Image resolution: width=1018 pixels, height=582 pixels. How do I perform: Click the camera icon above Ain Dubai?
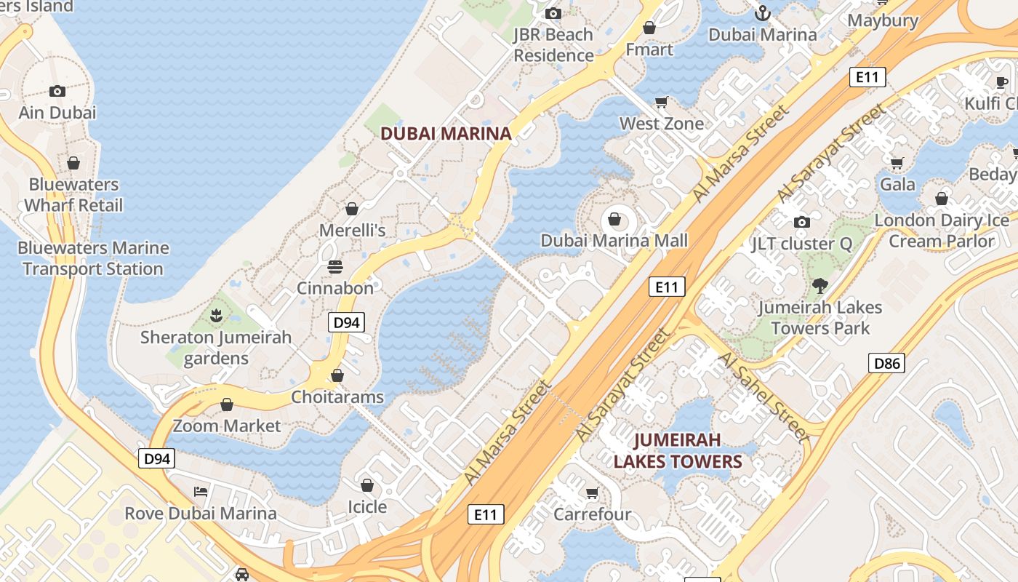click(x=57, y=91)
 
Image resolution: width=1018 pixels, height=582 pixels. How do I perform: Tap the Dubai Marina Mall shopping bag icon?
click(x=614, y=219)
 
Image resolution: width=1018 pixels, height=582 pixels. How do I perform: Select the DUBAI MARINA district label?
click(x=446, y=134)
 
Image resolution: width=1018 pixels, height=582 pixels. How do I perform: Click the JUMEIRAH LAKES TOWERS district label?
click(x=678, y=450)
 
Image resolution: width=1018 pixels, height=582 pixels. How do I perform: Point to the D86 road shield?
click(x=886, y=362)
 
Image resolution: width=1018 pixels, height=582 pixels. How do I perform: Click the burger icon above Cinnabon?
click(x=335, y=266)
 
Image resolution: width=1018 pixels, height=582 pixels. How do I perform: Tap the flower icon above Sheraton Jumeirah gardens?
click(x=216, y=316)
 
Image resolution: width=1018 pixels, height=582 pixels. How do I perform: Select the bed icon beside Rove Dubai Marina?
click(x=201, y=492)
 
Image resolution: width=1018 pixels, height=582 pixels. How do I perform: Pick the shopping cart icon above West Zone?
click(x=662, y=102)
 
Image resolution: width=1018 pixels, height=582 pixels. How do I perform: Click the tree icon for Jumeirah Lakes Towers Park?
click(x=820, y=286)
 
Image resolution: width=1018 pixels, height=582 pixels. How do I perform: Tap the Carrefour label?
click(x=593, y=514)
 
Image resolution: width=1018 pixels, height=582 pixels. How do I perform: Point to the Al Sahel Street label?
click(x=763, y=397)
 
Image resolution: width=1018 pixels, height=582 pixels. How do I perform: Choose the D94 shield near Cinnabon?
click(x=346, y=322)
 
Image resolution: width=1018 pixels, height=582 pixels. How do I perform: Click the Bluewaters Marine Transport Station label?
click(x=93, y=258)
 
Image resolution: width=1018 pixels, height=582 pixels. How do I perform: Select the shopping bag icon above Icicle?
click(x=367, y=485)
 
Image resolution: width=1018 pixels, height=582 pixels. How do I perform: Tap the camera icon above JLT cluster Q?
click(x=802, y=222)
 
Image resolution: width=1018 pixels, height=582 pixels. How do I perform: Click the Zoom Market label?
click(x=227, y=426)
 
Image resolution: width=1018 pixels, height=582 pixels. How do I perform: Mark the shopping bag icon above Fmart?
click(x=649, y=28)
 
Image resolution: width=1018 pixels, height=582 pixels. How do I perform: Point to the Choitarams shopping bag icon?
click(x=337, y=375)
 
